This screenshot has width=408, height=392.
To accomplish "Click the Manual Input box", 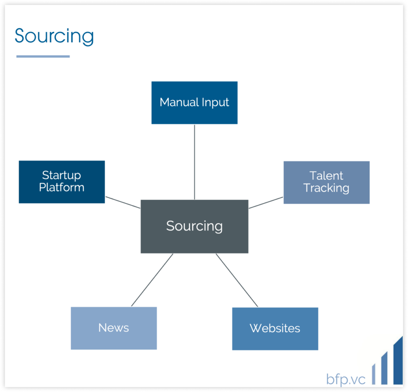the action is [x=194, y=103].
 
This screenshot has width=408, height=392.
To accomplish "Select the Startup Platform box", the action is [x=62, y=182].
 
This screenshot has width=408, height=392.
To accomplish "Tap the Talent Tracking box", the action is [x=327, y=182].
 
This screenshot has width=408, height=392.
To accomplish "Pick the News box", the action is [x=114, y=328].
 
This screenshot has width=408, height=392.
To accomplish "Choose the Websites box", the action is [x=275, y=329].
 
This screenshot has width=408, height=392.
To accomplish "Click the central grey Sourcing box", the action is [x=194, y=226].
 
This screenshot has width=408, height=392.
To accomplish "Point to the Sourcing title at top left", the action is [x=54, y=36].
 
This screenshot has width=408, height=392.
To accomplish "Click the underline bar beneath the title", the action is [x=43, y=56].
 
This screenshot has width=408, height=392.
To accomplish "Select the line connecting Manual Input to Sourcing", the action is [x=194, y=162].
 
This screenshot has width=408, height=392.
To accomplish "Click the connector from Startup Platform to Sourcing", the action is [x=123, y=202].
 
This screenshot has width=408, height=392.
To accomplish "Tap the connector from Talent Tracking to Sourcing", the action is [x=266, y=203].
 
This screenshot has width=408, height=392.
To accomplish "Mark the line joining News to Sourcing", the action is [x=152, y=280].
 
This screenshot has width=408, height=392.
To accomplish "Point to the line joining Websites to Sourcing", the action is [x=237, y=280].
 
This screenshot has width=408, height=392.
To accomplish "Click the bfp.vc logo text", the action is [x=346, y=379].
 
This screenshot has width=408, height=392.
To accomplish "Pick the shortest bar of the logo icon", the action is [x=374, y=374].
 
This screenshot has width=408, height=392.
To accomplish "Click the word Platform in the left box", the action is [x=62, y=188].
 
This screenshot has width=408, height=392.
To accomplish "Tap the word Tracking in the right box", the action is [x=326, y=188].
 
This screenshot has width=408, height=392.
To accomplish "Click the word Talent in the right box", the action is [x=326, y=176].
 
